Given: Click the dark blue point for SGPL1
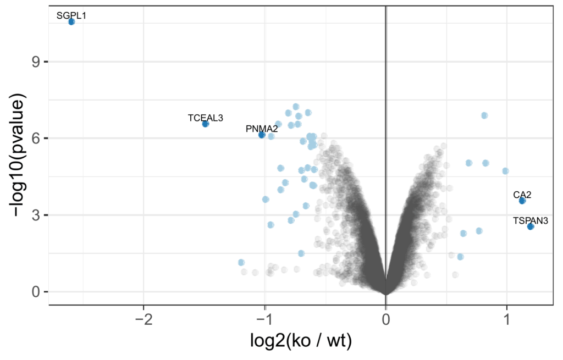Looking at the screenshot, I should (71, 21).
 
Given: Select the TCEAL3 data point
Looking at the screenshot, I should (205, 124).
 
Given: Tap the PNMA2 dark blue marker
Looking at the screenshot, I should (262, 135).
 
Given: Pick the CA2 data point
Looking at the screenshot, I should (522, 201).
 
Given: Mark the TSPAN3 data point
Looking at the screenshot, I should (531, 226).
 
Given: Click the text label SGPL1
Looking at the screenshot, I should (71, 15).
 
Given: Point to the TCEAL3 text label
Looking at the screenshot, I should (205, 117).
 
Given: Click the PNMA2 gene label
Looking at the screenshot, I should (262, 129).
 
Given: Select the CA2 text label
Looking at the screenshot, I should (522, 194).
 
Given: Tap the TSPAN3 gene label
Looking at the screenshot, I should (531, 220).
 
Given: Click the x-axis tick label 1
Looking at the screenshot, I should (506, 318).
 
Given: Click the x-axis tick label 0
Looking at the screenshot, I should (386, 318).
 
